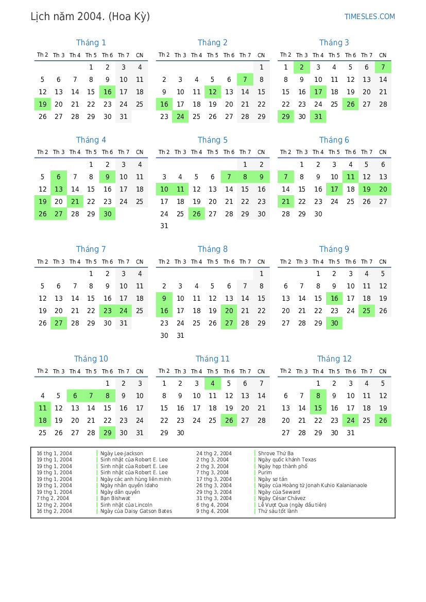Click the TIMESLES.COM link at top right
(369, 16)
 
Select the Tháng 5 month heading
(212, 140)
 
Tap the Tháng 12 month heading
(334, 359)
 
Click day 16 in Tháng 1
(107, 92)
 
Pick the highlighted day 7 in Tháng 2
(245, 80)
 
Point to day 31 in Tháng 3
(318, 117)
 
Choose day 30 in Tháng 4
(107, 214)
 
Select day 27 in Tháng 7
(59, 323)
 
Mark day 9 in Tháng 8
(164, 299)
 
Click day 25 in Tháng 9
(367, 311)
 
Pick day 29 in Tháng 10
(107, 433)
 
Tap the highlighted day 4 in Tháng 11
(212, 384)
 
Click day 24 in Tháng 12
(350, 421)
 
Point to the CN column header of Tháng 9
(383, 262)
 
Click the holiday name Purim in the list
(265, 473)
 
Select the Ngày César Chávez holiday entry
(282, 498)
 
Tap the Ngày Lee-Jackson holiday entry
(122, 454)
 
